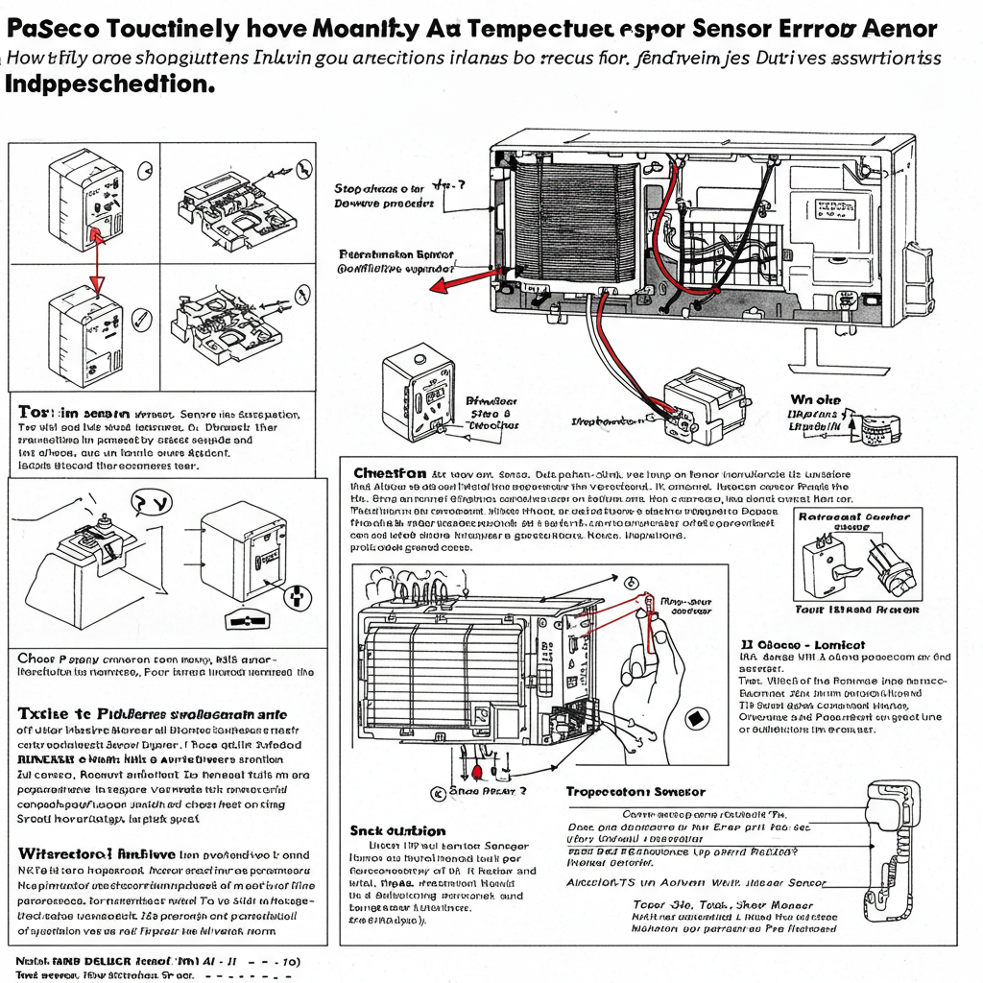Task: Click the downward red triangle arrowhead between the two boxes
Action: pos(95,283)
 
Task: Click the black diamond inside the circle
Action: pos(697,718)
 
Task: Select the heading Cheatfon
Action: pos(390,473)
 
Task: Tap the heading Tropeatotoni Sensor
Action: pos(635,792)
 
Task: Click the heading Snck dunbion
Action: pos(396,830)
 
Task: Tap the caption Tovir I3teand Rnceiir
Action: pos(857,610)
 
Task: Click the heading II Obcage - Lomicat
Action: pos(803,644)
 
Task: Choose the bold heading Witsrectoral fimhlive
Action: pos(96,852)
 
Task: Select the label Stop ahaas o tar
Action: pos(378,188)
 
